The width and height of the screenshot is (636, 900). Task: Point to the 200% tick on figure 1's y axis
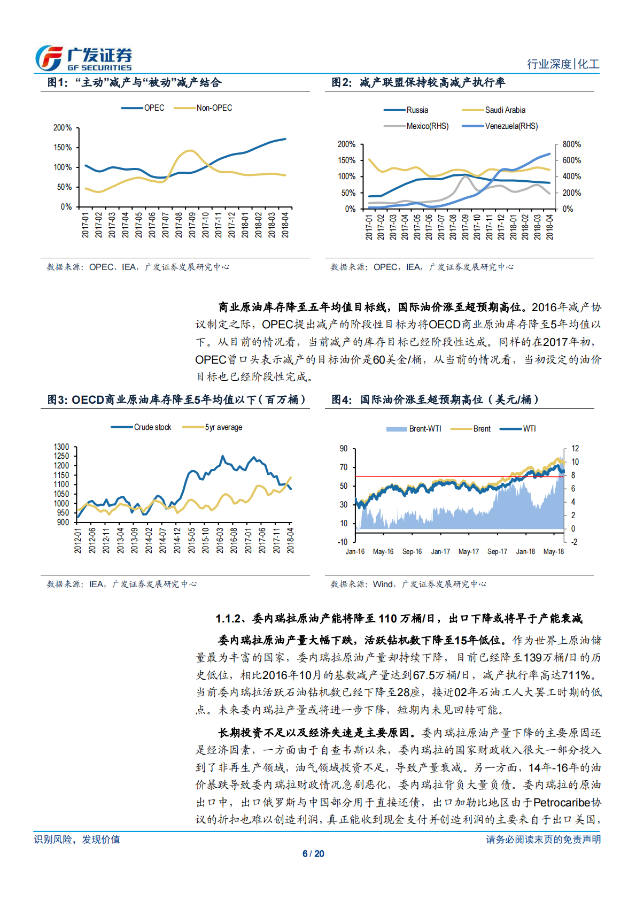coord(63,128)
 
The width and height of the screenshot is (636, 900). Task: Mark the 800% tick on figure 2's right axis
coord(571,144)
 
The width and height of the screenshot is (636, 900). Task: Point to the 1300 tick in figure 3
coord(61,447)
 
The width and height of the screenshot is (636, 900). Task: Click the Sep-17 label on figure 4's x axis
coord(497,552)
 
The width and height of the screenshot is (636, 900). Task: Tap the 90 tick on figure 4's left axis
coord(344,449)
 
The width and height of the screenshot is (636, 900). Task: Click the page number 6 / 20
coord(313,854)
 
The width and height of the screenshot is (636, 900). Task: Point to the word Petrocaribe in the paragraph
coord(562,803)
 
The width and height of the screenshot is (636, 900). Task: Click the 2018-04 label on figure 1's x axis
coord(285,225)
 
